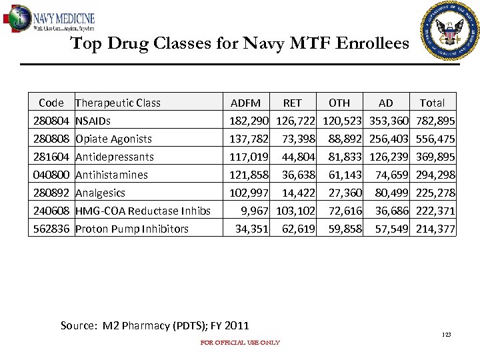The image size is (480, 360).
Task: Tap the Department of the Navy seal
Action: pyautogui.click(x=449, y=29)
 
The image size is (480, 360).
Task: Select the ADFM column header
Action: pyautogui.click(x=245, y=103)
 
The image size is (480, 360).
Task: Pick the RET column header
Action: pyautogui.click(x=292, y=103)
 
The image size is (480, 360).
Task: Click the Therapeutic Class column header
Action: pyautogui.click(x=118, y=103)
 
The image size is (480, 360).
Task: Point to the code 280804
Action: pyautogui.click(x=51, y=121)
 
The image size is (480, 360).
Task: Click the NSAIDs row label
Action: pyautogui.click(x=93, y=121)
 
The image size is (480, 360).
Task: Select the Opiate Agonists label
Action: pyautogui.click(x=113, y=139)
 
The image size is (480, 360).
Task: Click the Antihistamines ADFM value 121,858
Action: pyautogui.click(x=249, y=175)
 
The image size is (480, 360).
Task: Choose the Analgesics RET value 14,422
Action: pyautogui.click(x=297, y=193)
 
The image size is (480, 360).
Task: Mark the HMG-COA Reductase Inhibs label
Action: pyautogui.click(x=143, y=211)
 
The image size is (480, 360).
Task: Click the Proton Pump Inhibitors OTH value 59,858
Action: pyautogui.click(x=345, y=229)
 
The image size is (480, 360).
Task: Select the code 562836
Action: pyautogui.click(x=51, y=229)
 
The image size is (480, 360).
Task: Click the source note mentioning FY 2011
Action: pyautogui.click(x=155, y=325)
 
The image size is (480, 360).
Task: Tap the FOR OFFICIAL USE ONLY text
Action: pyautogui.click(x=240, y=343)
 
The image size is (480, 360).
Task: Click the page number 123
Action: pyautogui.click(x=446, y=333)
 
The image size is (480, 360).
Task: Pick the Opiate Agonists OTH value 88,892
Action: pyautogui.click(x=345, y=139)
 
